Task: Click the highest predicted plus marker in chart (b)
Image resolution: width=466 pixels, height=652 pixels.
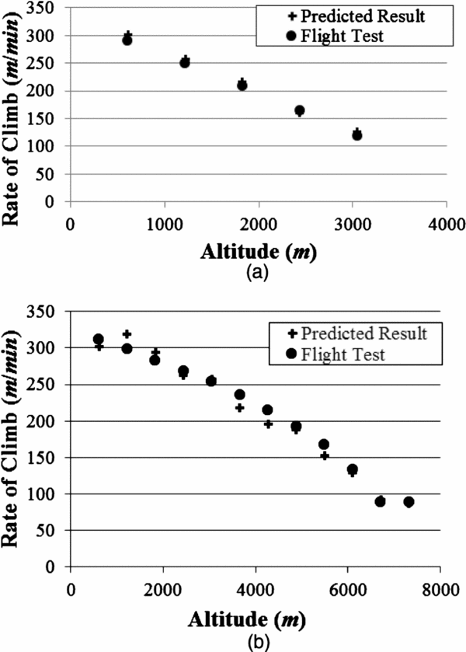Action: coord(127,333)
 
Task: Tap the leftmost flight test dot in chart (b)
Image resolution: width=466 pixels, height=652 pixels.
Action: coord(99,340)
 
